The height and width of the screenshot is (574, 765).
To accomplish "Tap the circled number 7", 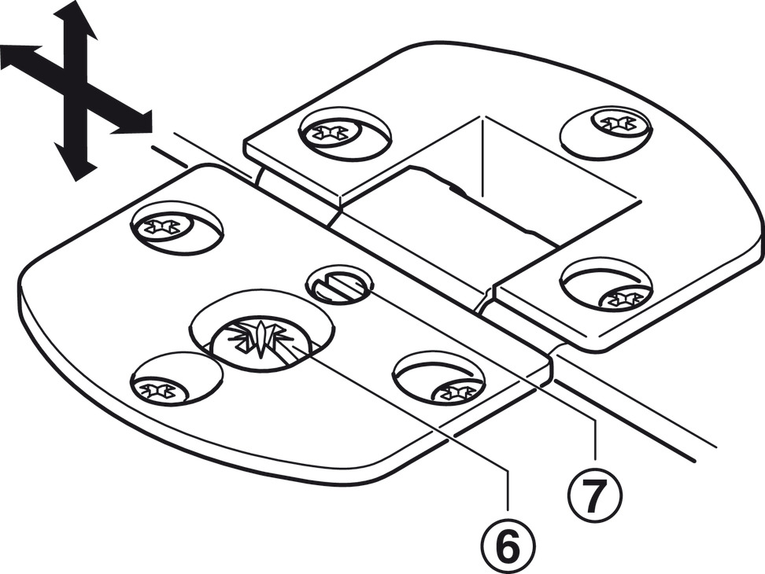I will pos(596,494).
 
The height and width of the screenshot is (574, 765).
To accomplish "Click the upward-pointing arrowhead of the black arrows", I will pos(76,17).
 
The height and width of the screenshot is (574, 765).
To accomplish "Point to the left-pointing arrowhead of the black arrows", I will pos(17,58).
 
